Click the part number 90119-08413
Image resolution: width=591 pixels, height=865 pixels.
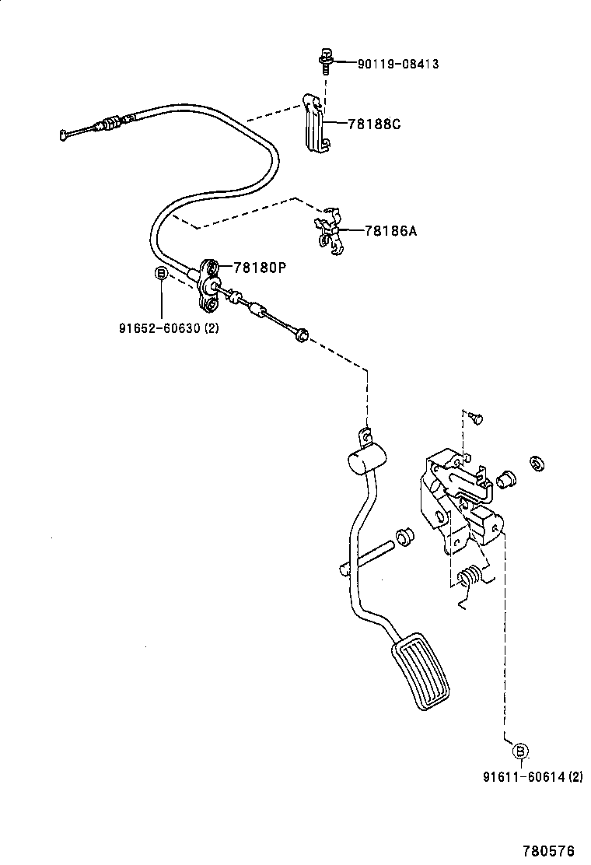coord(397,64)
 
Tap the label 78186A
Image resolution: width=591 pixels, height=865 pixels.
coord(390,230)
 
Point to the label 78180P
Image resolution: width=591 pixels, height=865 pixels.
coord(260,268)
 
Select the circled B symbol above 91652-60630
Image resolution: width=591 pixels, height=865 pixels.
coord(160,274)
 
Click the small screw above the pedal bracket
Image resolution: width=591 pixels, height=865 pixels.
coord(475,417)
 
